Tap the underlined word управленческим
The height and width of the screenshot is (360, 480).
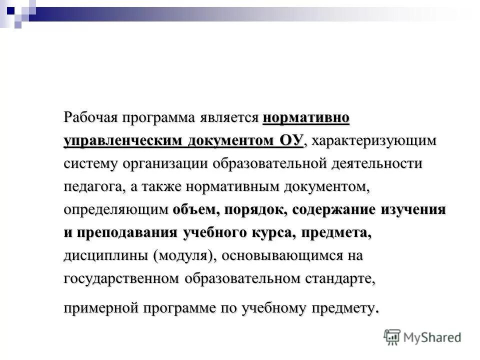(x=122, y=141)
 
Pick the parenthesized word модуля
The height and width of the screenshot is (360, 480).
(x=185, y=256)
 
